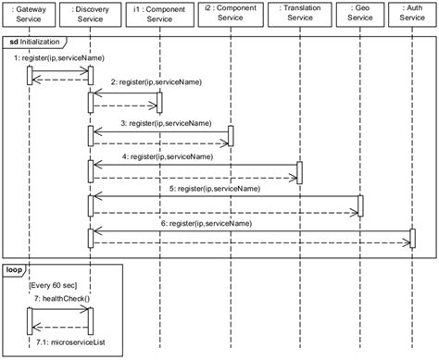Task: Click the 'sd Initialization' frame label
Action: (x=35, y=43)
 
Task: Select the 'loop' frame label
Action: (x=16, y=270)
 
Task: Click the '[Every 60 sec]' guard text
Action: (x=55, y=285)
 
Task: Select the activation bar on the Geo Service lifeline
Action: (x=360, y=205)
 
